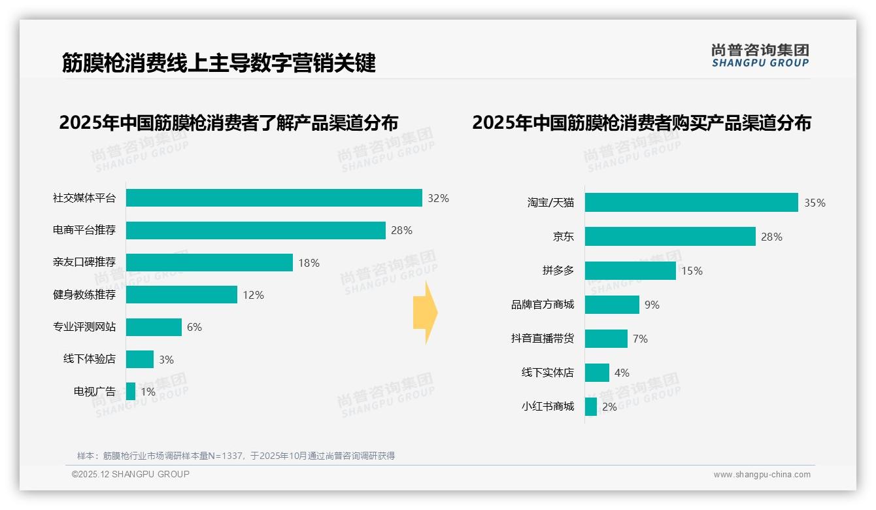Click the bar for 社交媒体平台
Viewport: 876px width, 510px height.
(274, 198)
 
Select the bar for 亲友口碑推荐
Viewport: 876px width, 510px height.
(209, 263)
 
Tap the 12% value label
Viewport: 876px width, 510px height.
(253, 296)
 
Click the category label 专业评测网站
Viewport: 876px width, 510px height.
(84, 327)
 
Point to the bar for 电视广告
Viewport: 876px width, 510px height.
(131, 392)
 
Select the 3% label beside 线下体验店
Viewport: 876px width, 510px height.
(166, 360)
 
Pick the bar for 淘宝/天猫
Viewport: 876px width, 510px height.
(691, 203)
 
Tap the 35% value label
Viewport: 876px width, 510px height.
(815, 203)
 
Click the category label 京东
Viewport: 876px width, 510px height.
(563, 237)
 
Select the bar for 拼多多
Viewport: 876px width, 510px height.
(630, 271)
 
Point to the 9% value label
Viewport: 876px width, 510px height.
(652, 305)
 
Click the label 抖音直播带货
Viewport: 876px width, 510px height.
(542, 339)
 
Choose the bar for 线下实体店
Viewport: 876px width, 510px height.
(597, 373)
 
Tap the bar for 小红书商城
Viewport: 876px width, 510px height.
(591, 407)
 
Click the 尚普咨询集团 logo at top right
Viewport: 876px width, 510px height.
(760, 56)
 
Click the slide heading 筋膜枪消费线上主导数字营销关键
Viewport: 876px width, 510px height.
(218, 63)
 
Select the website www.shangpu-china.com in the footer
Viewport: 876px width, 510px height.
(762, 475)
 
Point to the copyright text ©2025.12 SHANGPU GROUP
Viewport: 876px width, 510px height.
(131, 474)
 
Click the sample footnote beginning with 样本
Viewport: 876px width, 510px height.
(236, 456)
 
